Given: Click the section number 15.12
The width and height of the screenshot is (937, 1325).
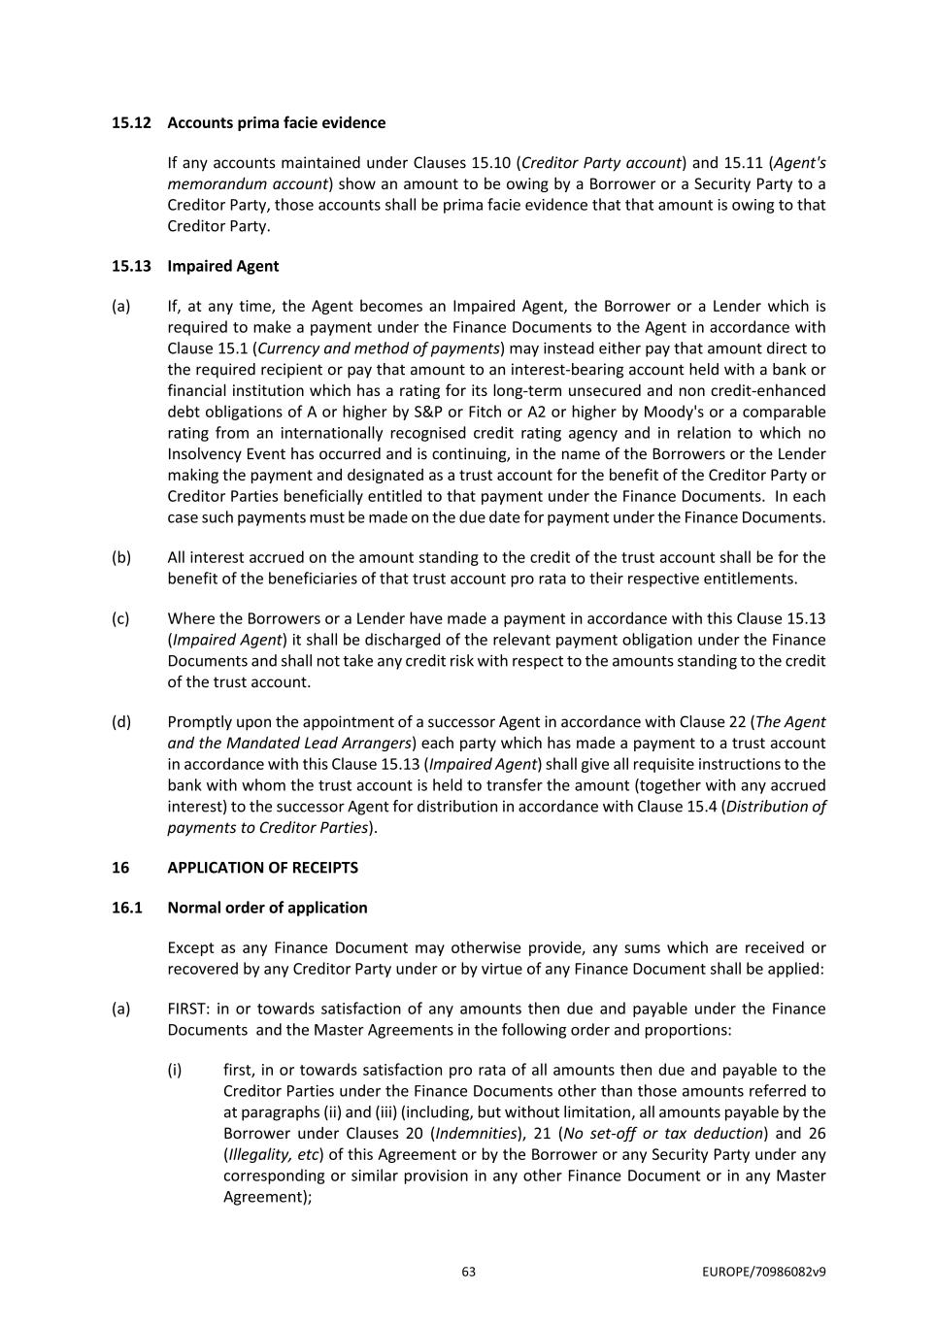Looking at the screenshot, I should (131, 122).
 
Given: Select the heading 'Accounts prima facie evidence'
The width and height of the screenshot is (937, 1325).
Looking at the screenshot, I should (276, 122).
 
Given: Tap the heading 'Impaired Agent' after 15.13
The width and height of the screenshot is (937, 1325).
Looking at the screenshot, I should (222, 266).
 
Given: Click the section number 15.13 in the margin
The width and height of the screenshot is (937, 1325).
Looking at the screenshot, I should (131, 266).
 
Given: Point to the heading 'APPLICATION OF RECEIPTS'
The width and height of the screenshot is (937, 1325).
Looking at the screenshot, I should (262, 868).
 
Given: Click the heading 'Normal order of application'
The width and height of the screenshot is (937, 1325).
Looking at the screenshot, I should (267, 908).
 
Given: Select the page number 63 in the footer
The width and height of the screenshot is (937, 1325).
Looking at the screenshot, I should (469, 1272).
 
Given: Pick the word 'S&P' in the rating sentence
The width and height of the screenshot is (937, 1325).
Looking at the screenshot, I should (427, 412).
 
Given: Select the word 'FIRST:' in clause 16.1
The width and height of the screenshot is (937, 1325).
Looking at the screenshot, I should (188, 1009).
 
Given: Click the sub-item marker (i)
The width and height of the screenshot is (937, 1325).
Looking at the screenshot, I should (175, 1070).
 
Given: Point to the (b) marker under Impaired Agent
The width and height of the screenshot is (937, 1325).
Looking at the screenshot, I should (121, 557).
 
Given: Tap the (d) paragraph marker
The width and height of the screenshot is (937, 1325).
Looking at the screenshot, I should (121, 721).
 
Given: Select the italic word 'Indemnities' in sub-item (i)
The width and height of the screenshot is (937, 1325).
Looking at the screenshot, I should (476, 1134).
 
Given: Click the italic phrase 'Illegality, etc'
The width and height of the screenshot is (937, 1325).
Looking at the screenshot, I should (273, 1155).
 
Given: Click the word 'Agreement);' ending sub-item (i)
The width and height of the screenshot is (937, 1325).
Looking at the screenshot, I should (267, 1197).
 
